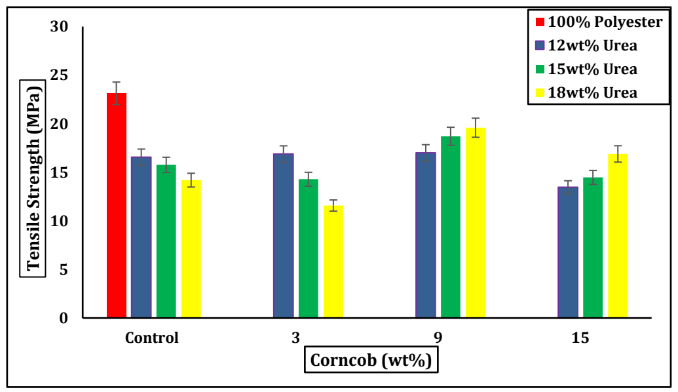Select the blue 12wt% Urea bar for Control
point(141,237)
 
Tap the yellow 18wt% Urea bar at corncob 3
point(333,262)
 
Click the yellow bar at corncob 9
point(476,223)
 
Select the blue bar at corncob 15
point(568,252)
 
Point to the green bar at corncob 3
point(309,248)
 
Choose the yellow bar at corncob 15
point(618,236)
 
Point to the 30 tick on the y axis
point(59,27)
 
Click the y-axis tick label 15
point(59,172)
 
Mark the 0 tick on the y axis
point(64,319)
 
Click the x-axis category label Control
point(152,338)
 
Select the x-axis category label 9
point(438,338)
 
